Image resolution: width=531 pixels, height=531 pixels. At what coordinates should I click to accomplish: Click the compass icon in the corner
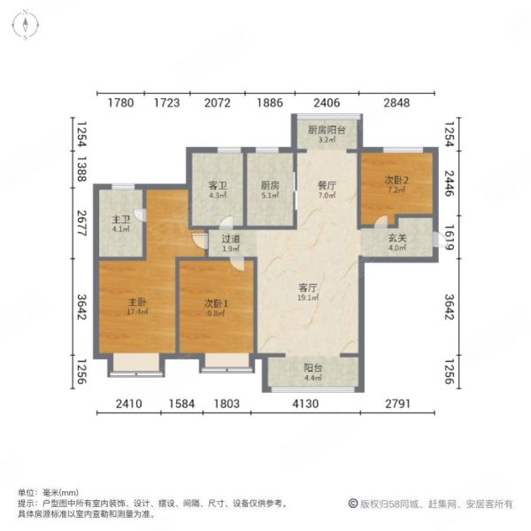click(x=27, y=23)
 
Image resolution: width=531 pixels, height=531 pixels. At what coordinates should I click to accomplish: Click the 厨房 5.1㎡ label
click(x=269, y=190)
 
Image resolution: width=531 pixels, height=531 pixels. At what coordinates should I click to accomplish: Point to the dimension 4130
click(x=315, y=406)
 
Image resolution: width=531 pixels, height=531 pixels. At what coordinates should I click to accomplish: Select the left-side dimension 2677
click(x=81, y=220)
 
